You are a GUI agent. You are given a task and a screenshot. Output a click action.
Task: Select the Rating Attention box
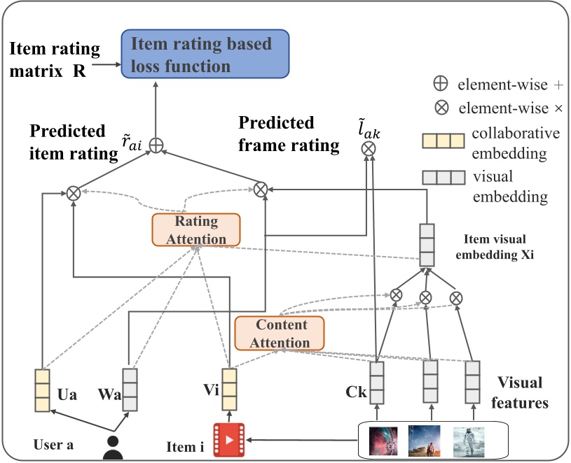(195, 229)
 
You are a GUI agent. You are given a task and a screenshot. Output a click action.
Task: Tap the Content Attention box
(280, 334)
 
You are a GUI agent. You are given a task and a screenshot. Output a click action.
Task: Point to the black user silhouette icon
(113, 446)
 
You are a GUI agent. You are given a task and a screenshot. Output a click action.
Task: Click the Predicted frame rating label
(289, 134)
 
